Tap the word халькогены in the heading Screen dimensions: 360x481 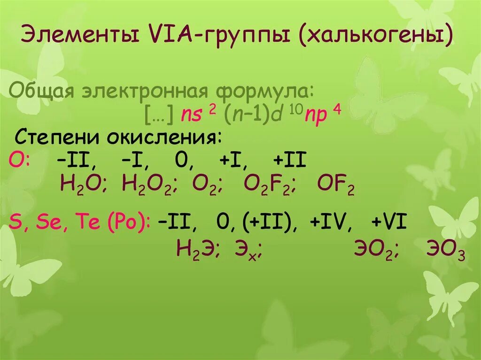coord(378,36)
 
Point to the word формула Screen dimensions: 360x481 coord(264,90)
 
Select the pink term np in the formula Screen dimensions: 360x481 coord(316,114)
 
